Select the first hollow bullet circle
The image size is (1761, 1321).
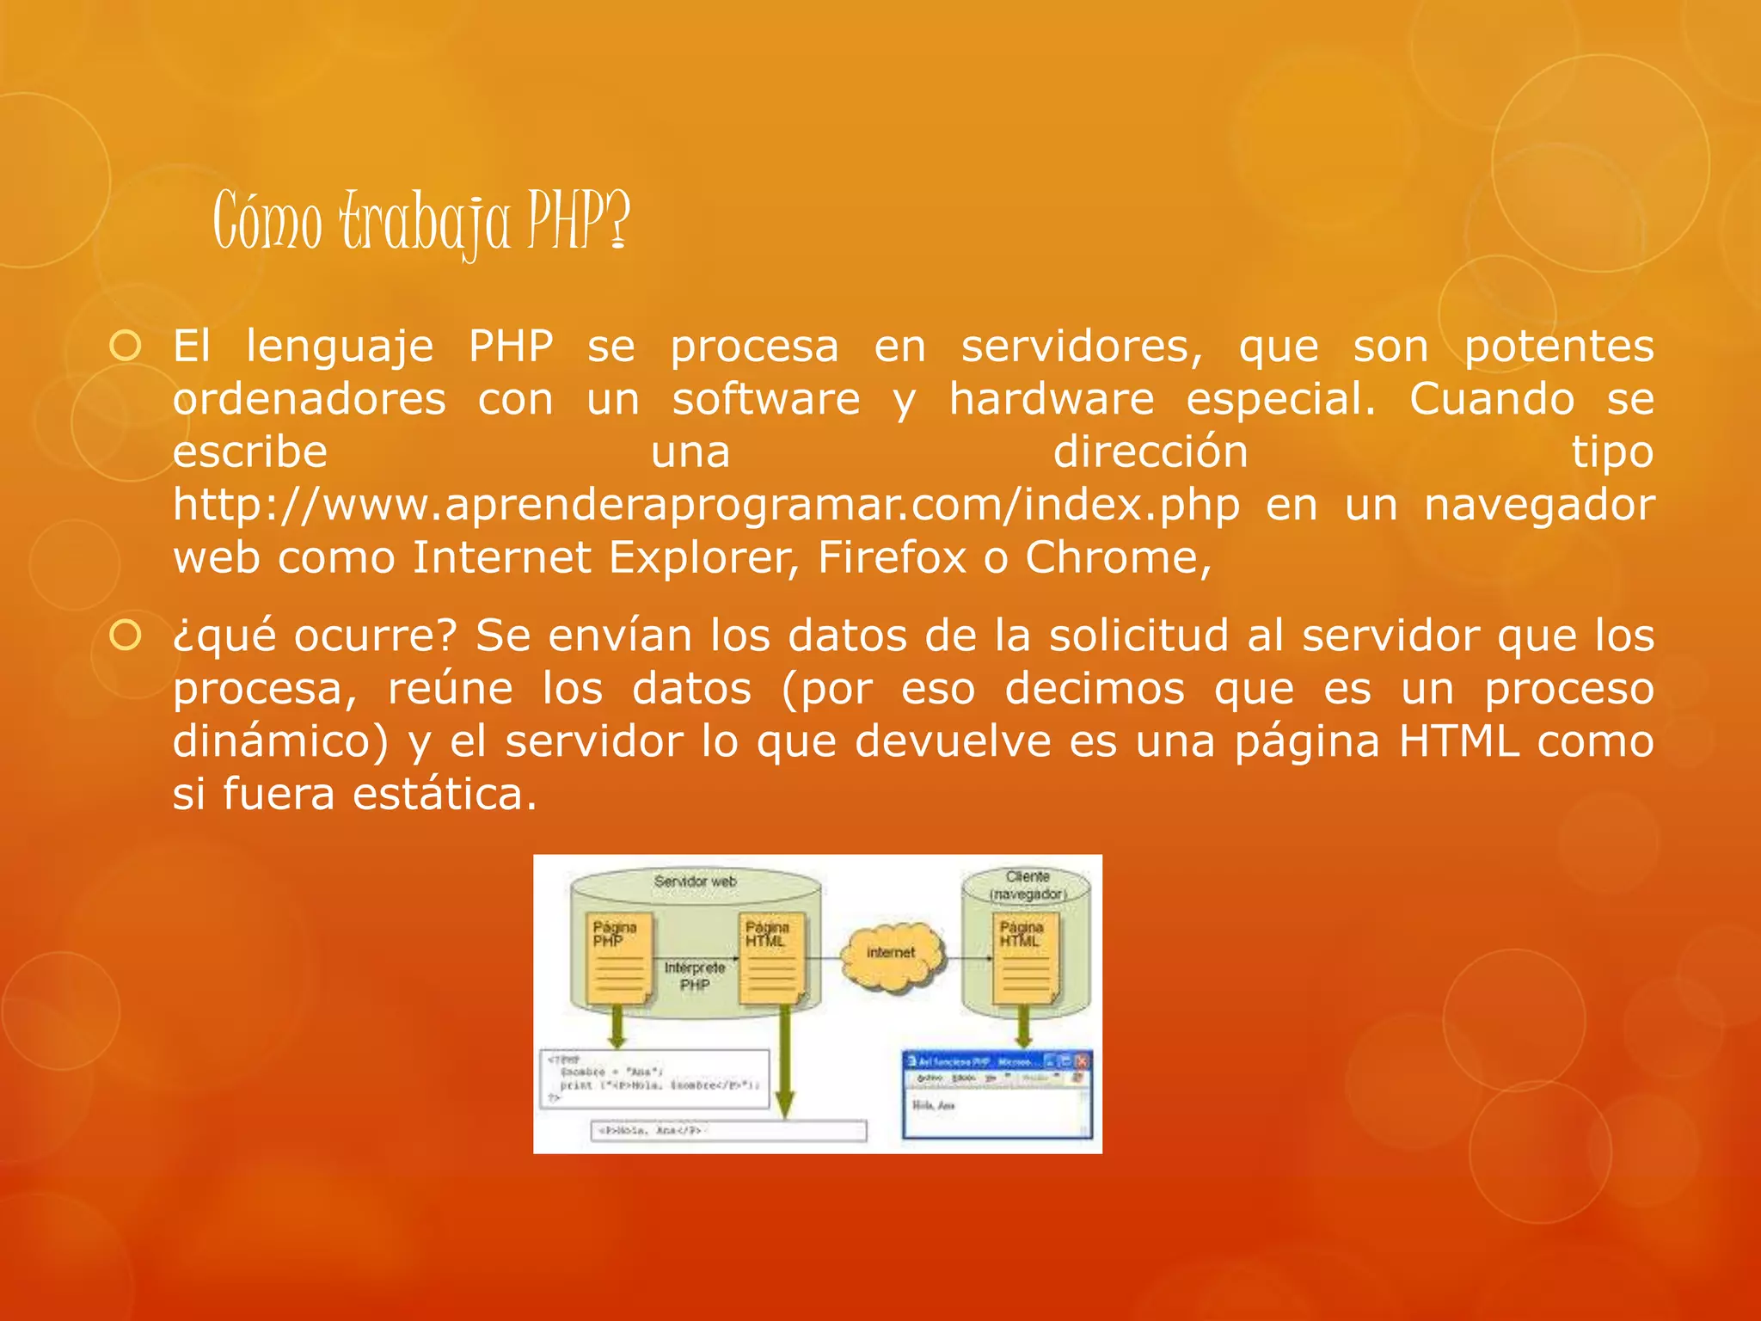[x=126, y=347]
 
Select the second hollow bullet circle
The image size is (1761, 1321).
[x=126, y=636]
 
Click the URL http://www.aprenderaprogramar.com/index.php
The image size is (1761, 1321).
[x=706, y=505]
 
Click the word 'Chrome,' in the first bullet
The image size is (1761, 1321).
[x=1118, y=558]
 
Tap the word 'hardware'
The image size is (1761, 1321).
[x=1051, y=400]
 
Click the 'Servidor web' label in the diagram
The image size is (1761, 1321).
[x=695, y=882]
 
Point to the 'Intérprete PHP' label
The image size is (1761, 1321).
[x=695, y=976]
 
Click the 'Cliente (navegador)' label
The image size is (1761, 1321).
[x=1028, y=886]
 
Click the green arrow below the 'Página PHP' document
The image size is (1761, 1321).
[x=617, y=1026]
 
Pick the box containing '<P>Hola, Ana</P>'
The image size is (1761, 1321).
[x=729, y=1130]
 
